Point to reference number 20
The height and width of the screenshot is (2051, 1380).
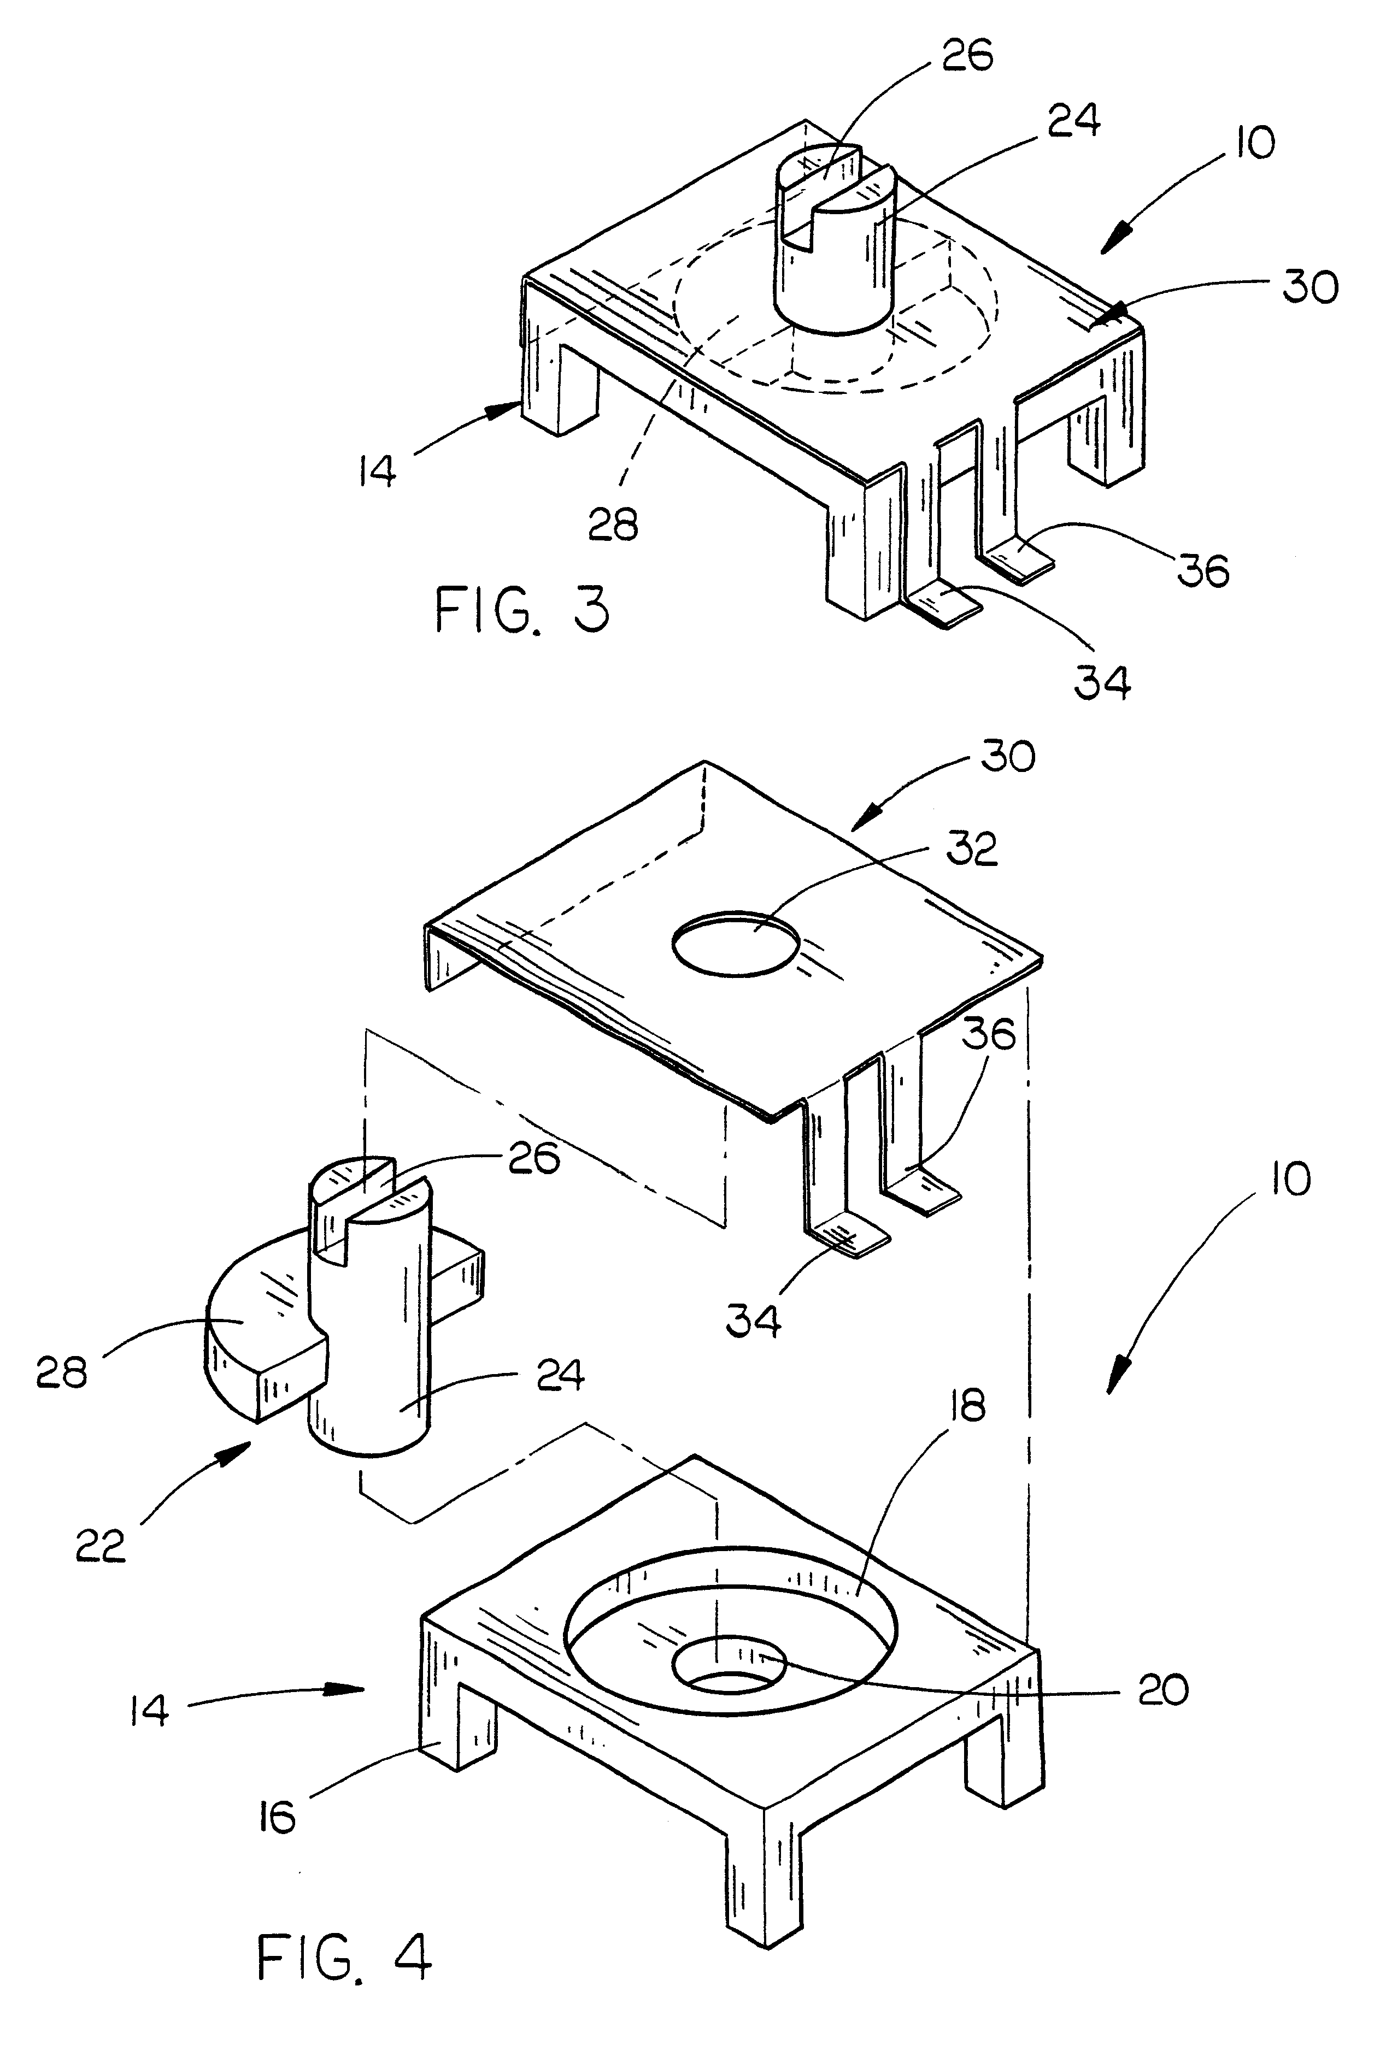[1164, 1689]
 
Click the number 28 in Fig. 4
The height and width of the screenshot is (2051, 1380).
[62, 1372]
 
